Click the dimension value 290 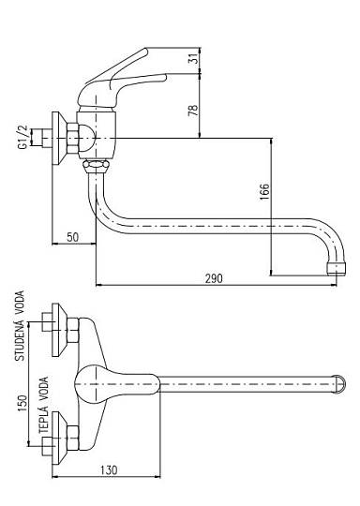(x=214, y=278)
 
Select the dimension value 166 (x=264, y=192)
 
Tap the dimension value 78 (x=193, y=111)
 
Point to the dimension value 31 (x=193, y=58)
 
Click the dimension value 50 (x=72, y=237)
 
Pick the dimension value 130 (x=109, y=470)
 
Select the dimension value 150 (x=22, y=403)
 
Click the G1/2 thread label (x=22, y=137)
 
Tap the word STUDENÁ (x=20, y=339)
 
